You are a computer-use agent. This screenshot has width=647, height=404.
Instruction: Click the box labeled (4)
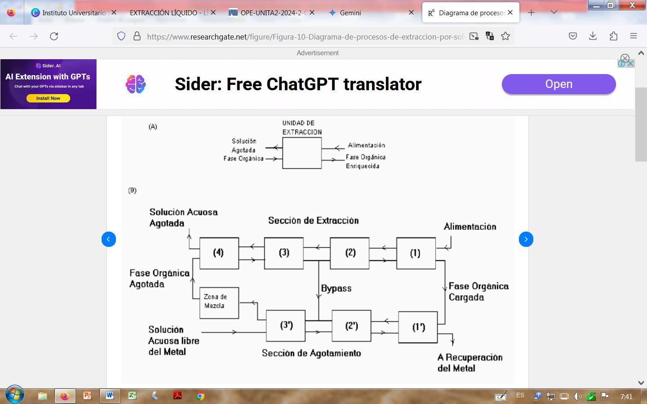pos(219,253)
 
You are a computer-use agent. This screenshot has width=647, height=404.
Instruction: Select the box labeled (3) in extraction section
pos(284,253)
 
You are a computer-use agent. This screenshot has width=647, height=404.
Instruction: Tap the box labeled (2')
pos(351,326)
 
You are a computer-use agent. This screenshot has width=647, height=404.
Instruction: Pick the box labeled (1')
pos(418,327)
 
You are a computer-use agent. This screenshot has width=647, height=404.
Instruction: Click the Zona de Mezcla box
pos(219,303)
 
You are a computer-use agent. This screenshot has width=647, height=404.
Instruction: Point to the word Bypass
pos(337,289)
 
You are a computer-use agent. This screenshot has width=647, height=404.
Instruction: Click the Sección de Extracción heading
pos(313,220)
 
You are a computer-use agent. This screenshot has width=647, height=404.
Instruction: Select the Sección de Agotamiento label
pos(311,353)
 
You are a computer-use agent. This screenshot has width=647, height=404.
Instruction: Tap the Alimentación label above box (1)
pos(470,227)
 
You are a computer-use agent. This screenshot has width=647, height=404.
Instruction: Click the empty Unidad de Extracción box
pos(302,153)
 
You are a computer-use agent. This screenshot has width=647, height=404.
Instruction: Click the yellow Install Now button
pos(48,98)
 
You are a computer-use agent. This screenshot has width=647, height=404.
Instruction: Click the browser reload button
pos(54,36)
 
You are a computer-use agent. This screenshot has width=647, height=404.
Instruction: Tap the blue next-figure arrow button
pos(526,239)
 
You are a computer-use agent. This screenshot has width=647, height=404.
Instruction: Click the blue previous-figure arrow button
pos(109,239)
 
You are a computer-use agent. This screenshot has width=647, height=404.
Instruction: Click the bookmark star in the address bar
pos(505,36)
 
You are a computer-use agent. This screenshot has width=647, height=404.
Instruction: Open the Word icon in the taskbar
pos(110,396)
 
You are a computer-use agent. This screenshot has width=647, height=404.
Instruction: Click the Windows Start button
pos(15,395)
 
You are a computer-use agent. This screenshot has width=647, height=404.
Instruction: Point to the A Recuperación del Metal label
pos(470,363)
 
